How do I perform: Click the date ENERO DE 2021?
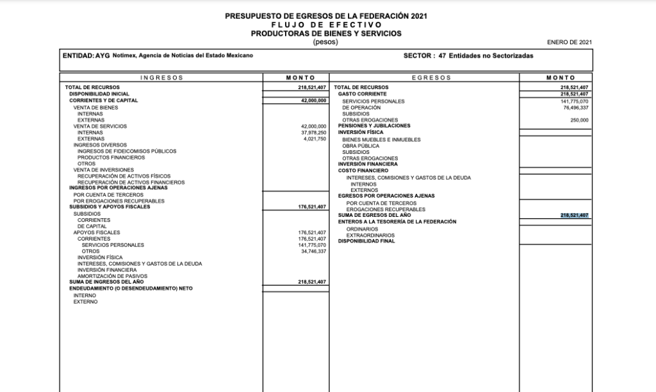click(570, 42)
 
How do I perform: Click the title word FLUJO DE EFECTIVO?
click(326, 24)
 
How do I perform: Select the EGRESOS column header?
click(423, 78)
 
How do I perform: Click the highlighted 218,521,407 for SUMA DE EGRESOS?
click(574, 216)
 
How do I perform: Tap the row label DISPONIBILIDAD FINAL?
click(366, 241)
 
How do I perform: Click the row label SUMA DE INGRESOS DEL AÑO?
click(106, 282)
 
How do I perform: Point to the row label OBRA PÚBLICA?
click(361, 146)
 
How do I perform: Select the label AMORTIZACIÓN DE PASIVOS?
click(112, 277)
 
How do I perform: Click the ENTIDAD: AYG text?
click(86, 56)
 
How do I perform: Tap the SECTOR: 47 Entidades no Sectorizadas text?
click(468, 56)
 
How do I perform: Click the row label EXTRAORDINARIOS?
click(370, 235)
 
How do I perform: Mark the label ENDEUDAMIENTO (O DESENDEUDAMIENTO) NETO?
click(131, 289)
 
